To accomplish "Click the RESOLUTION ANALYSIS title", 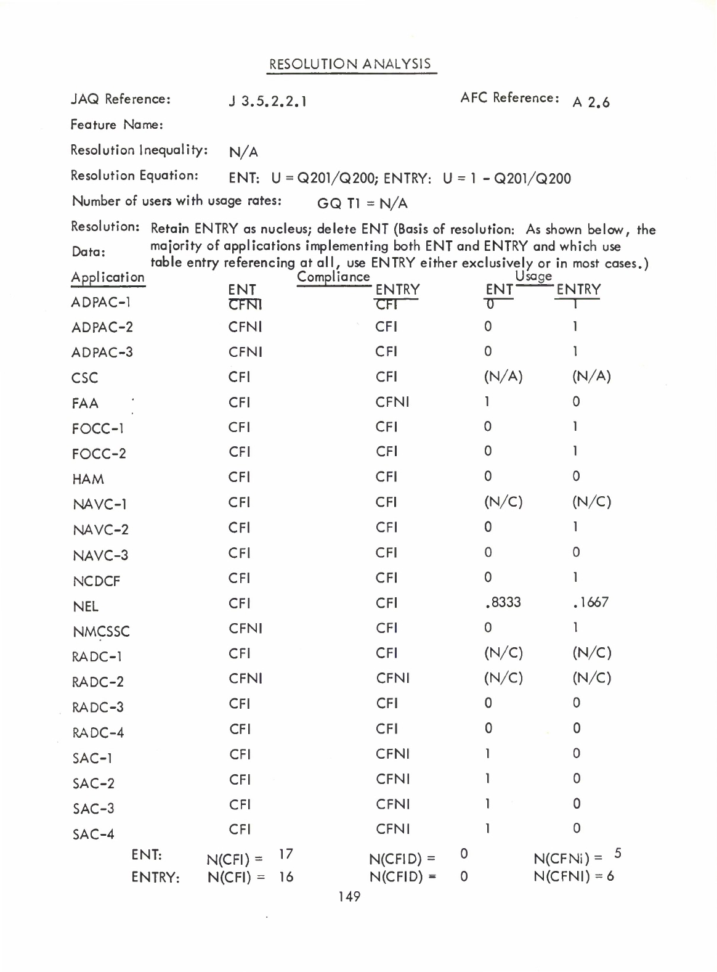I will tap(350, 65).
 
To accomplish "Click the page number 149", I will tap(349, 897).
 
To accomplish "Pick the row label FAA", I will tap(85, 404).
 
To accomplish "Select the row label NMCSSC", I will tap(101, 632).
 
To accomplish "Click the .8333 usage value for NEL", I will tap(503, 602).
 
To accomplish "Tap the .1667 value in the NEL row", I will tap(590, 602).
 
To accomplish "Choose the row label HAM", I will tap(87, 480).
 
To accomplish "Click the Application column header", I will tap(108, 277).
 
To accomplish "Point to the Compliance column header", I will tap(333, 277).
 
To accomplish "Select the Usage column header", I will tap(533, 277).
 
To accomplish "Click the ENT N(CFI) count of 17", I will tap(286, 854).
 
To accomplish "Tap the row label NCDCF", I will tap(96, 581).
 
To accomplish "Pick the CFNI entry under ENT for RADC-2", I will tap(245, 679).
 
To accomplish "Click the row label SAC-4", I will tap(93, 835).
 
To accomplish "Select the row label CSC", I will tap(84, 378).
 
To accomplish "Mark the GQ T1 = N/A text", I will tap(362, 203).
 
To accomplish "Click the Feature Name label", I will tap(116, 125).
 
